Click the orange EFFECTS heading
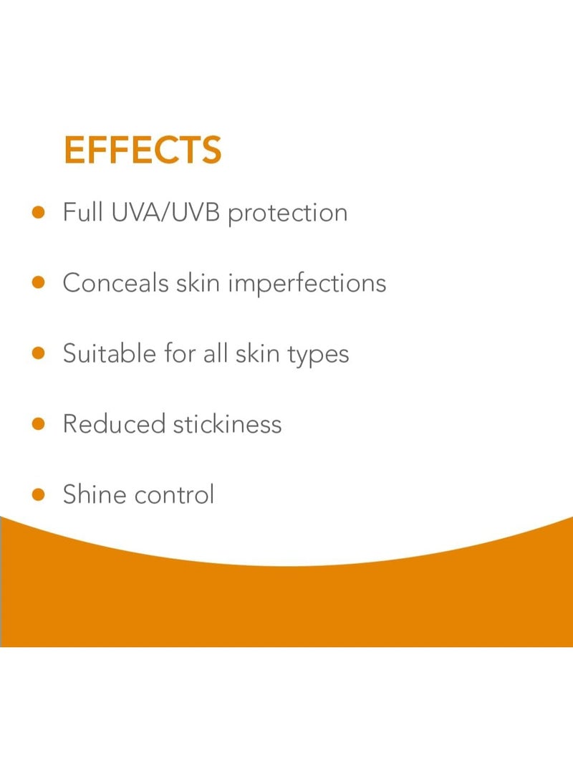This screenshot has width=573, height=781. [143, 150]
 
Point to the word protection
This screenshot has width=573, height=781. [287, 214]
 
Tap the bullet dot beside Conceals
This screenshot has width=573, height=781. [39, 282]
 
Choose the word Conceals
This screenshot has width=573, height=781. [116, 282]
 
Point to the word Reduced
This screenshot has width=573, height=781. [113, 423]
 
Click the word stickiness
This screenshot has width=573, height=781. [228, 423]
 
